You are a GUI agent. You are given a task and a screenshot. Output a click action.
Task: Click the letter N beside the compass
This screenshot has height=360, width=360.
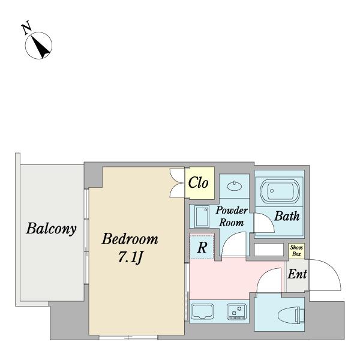pyautogui.click(x=26, y=28)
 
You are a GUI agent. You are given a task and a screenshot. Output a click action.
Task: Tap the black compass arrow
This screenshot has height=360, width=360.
pyautogui.click(x=41, y=47)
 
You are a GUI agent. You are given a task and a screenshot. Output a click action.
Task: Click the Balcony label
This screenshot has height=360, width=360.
pyautogui.click(x=51, y=229)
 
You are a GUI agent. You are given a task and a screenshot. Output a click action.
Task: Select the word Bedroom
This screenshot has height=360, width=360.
pyautogui.click(x=130, y=239)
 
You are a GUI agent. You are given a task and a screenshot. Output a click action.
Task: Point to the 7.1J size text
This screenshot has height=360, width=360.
pyautogui.click(x=131, y=257)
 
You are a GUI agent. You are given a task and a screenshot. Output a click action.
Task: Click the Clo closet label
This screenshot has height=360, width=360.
pyautogui.click(x=198, y=183)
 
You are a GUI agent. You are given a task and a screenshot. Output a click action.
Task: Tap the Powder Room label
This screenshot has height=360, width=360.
pyautogui.click(x=232, y=217)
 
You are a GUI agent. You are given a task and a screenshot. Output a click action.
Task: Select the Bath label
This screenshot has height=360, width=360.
pyautogui.click(x=287, y=216)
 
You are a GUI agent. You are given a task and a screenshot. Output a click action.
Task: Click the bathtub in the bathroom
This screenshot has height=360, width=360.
pyautogui.click(x=280, y=191)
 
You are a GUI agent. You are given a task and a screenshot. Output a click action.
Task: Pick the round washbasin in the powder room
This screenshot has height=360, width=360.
pyautogui.click(x=235, y=186)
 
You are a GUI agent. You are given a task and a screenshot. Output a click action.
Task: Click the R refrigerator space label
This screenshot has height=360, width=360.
pyautogui.click(x=202, y=247)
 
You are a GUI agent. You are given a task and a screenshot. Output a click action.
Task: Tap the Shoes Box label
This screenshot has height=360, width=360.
pyautogui.click(x=296, y=250)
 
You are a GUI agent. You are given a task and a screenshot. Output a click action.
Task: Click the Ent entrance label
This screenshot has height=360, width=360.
pyautogui.click(x=297, y=274)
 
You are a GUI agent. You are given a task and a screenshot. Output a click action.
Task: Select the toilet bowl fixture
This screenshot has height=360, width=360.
pyautogui.click(x=291, y=315)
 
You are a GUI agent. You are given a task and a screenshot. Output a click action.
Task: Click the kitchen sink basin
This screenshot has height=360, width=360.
pyautogui.click(x=203, y=311)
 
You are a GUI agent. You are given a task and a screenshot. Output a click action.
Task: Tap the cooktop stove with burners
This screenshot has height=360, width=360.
pyautogui.click(x=237, y=311)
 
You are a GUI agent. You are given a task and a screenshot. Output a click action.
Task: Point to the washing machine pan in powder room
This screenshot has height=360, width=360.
pyautogui.click(x=202, y=216)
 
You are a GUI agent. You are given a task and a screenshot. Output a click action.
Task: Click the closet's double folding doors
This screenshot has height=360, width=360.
pyautogui.click(x=177, y=183)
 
